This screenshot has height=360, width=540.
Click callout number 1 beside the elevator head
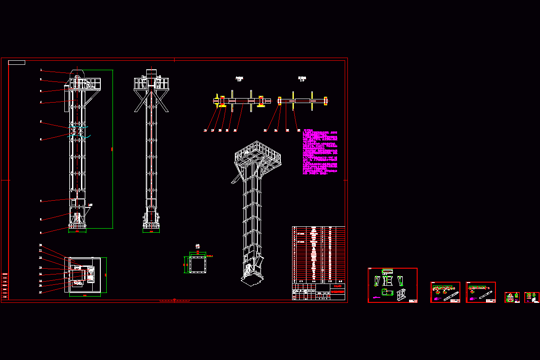[41, 70]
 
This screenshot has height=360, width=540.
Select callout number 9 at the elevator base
[41, 233]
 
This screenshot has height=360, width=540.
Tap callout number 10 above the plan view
[40, 246]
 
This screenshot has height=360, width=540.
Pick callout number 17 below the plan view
[40, 292]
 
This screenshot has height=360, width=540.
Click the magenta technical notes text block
[320, 152]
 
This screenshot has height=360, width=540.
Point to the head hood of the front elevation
[78, 73]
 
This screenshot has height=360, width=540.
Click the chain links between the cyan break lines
[76, 131]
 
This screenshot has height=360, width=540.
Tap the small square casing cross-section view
[197, 263]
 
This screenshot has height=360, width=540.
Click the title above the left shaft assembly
[239, 79]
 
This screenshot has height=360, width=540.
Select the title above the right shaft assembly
[301, 79]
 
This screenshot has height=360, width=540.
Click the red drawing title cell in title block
[338, 291]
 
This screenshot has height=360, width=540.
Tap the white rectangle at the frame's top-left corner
[17, 62]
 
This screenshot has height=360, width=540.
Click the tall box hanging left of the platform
[67, 99]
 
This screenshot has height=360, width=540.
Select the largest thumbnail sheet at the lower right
[392, 285]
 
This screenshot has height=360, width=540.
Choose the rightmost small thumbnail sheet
[532, 297]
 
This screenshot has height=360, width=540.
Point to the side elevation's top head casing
[151, 74]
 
